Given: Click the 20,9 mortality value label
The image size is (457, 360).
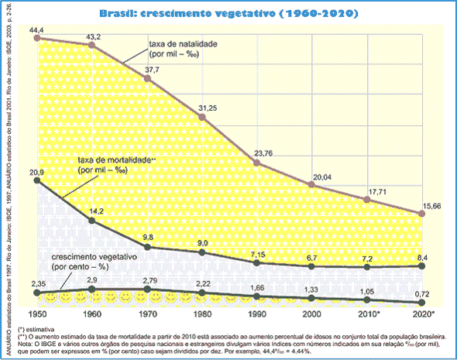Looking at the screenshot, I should click(x=38, y=171).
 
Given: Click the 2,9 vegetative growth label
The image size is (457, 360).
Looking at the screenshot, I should click(x=91, y=279).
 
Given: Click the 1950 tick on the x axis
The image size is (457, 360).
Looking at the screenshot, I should click(x=37, y=315).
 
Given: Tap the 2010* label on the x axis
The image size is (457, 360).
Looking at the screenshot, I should click(x=368, y=315).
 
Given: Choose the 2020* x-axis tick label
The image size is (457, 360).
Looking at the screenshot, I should click(x=424, y=315).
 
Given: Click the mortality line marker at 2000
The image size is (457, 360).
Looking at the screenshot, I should click(x=311, y=266).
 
